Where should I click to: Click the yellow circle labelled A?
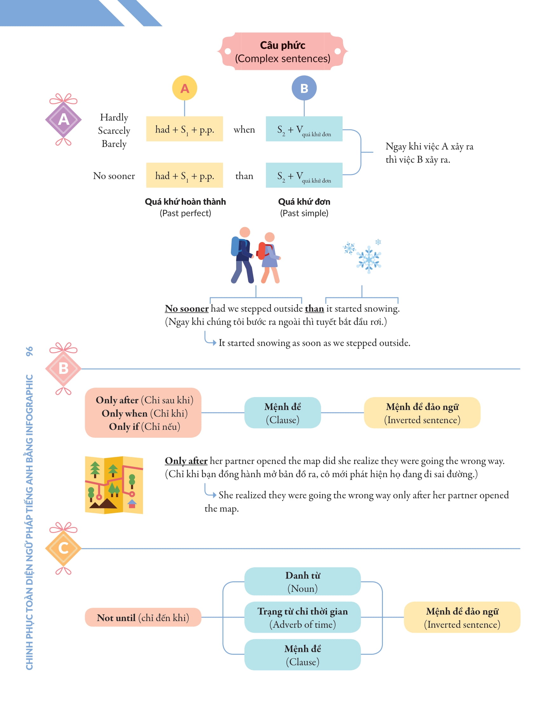coord(184,88)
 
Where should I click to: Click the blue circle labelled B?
coord(304,88)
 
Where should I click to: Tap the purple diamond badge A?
coord(63,119)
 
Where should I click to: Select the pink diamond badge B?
coord(63,368)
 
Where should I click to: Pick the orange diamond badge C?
coord(63,548)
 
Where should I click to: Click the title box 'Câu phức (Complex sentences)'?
coord(282,51)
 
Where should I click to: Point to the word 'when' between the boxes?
coord(244,129)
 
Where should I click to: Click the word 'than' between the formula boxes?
coord(244,176)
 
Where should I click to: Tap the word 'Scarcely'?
coord(114,131)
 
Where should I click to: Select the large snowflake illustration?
coord(369,259)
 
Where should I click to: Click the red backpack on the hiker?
coord(262,250)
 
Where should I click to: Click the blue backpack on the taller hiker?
coord(235,246)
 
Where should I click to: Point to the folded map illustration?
coord(114,485)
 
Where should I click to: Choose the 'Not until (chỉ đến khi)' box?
coord(143,617)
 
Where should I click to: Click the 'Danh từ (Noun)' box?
coord(302,581)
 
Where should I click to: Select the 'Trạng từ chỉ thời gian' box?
coord(302,617)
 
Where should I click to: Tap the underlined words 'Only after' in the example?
coord(186,461)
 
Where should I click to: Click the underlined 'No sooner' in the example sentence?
coord(187,308)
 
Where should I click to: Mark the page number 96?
coord(29,351)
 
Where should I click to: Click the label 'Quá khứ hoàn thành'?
coord(185,202)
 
